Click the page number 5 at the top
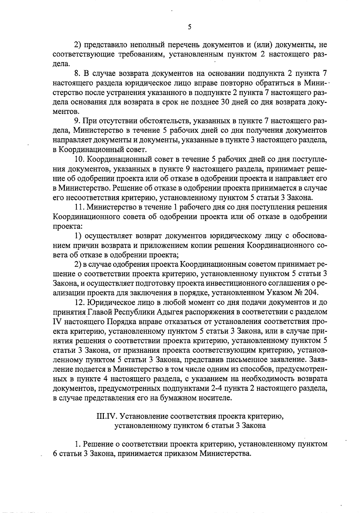pos(189,27)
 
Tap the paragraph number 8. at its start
pos(77,73)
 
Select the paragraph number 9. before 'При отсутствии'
pos(77,121)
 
